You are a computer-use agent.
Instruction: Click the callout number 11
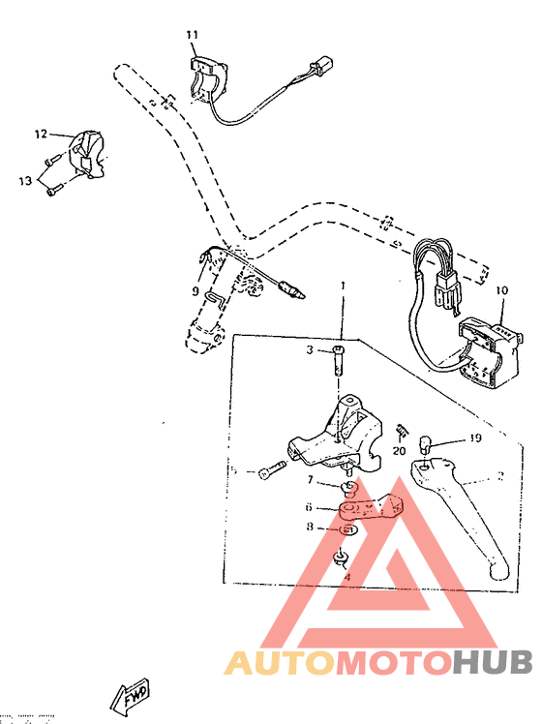click(x=192, y=35)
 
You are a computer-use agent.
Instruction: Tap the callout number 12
click(x=41, y=134)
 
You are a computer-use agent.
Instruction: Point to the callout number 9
click(x=195, y=290)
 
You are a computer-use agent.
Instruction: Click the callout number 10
click(x=500, y=290)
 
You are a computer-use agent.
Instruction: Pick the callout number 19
click(x=475, y=437)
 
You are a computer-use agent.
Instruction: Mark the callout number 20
click(x=399, y=450)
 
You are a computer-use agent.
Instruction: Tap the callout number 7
click(x=310, y=480)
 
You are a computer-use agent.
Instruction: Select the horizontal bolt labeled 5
click(x=270, y=472)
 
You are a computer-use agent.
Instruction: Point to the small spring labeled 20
click(x=403, y=431)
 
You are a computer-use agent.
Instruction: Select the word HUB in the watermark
click(x=493, y=662)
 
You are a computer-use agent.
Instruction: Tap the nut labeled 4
click(x=342, y=558)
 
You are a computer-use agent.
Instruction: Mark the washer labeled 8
click(x=346, y=528)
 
